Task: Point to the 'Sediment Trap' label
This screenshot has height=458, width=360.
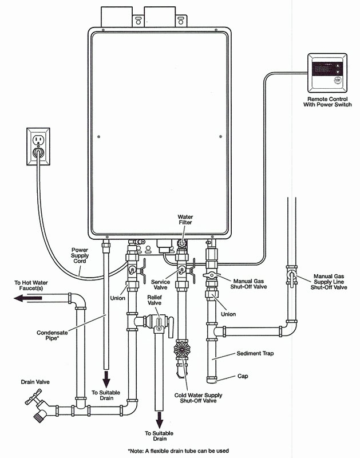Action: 258,354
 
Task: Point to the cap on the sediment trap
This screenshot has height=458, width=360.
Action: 213,378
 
